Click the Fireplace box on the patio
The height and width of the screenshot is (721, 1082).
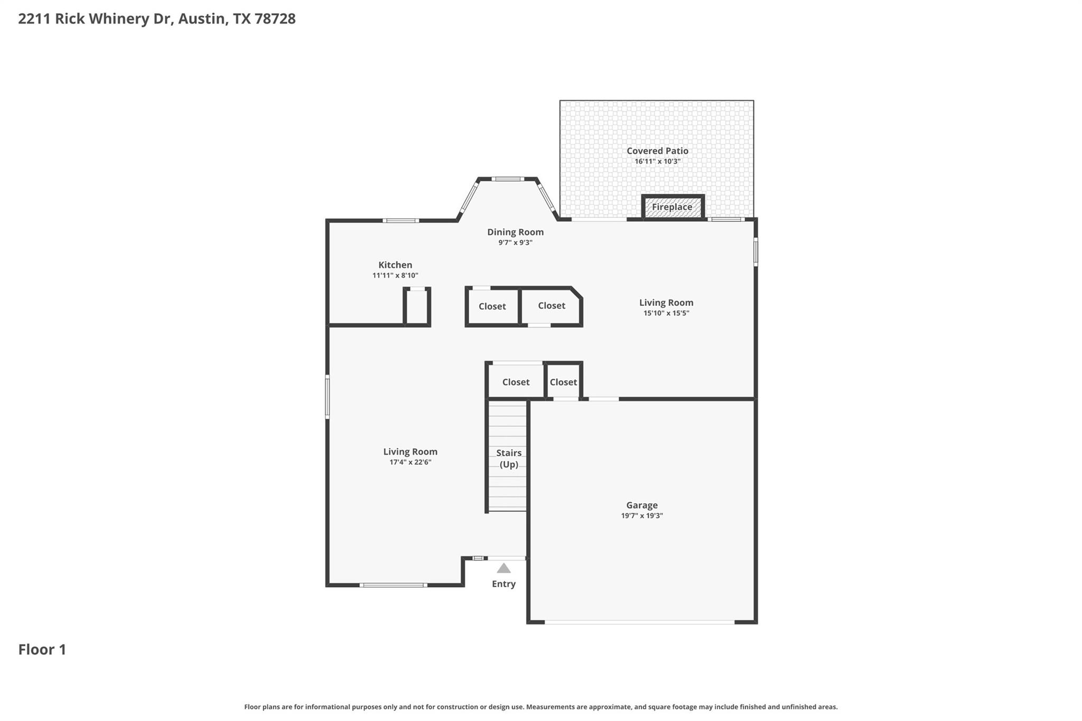click(x=673, y=207)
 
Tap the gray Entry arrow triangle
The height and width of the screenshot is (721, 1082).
click(x=503, y=568)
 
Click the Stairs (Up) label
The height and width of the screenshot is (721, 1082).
click(x=509, y=458)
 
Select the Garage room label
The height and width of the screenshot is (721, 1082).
click(x=642, y=505)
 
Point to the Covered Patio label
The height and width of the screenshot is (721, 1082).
click(x=657, y=151)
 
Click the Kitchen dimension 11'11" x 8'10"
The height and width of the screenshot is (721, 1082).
click(x=395, y=276)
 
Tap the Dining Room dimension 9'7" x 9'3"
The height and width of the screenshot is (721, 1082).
click(x=515, y=243)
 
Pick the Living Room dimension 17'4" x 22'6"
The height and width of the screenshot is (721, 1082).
click(x=411, y=462)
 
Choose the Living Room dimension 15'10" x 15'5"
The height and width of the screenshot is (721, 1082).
click(x=666, y=313)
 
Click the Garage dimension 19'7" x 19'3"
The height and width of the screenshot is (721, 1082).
click(x=642, y=516)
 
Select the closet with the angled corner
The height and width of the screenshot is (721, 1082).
click(x=551, y=306)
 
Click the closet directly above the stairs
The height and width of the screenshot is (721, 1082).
click(x=515, y=380)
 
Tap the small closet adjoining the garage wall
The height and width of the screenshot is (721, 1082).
click(x=563, y=381)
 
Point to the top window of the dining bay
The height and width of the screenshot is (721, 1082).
click(x=507, y=179)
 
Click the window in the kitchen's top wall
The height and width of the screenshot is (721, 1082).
click(x=401, y=220)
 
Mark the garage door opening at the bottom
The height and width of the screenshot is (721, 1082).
click(x=639, y=622)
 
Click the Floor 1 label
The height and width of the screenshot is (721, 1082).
click(x=42, y=650)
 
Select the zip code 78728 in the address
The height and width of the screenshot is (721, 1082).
click(x=275, y=19)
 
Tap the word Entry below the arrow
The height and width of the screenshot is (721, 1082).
click(x=503, y=584)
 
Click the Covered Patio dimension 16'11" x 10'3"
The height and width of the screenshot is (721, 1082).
click(x=657, y=162)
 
